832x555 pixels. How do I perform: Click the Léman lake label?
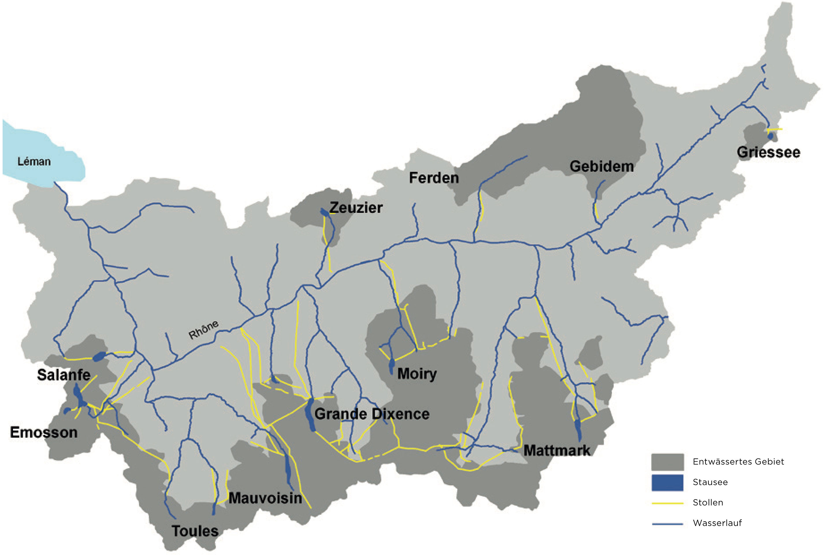[34, 162]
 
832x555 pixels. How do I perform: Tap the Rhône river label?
[203, 330]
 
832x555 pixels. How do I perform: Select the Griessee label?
[768, 153]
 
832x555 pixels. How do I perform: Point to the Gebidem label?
[601, 166]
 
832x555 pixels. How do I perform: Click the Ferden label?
[434, 178]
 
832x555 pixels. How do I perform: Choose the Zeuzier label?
[356, 208]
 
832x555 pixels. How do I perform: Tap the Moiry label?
[417, 374]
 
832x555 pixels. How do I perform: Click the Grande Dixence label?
[372, 414]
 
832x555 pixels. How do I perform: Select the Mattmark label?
[557, 451]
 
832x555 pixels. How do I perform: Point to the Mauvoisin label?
[265, 498]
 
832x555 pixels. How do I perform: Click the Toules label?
[195, 531]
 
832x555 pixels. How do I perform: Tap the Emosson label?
[44, 432]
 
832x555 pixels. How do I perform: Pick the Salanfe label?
[64, 375]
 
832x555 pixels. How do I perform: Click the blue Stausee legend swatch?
[667, 482]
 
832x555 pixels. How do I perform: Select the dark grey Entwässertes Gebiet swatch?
[667, 462]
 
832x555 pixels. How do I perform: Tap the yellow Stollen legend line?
[667, 503]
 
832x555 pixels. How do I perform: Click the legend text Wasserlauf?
[717, 523]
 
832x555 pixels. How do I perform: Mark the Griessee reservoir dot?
[770, 136]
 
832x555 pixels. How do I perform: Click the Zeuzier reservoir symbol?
[324, 212]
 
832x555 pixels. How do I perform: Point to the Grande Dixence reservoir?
[311, 414]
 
